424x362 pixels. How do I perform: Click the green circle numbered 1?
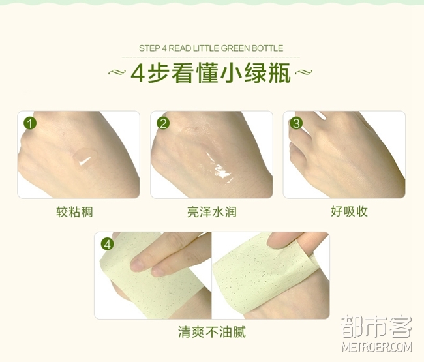[30, 123]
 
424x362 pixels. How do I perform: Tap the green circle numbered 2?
[163, 123]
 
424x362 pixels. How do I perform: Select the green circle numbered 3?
[296, 123]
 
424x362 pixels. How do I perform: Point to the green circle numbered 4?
[108, 244]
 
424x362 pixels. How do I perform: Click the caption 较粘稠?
[74, 212]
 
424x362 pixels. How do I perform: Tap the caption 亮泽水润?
[212, 212]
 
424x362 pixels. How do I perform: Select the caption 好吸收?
[349, 211]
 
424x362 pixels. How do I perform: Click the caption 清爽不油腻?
[212, 332]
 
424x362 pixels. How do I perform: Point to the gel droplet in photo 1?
[85, 158]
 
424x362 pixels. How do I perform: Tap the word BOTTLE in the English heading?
[267, 48]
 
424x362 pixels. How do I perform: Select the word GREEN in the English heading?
[235, 48]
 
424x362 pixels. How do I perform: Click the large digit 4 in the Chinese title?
[138, 72]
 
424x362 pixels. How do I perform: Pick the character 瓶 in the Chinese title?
[280, 72]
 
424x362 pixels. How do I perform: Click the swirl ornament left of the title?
[117, 72]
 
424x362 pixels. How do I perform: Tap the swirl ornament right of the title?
[304, 72]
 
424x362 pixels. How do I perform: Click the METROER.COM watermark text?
[376, 347]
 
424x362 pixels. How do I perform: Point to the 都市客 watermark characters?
[376, 327]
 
